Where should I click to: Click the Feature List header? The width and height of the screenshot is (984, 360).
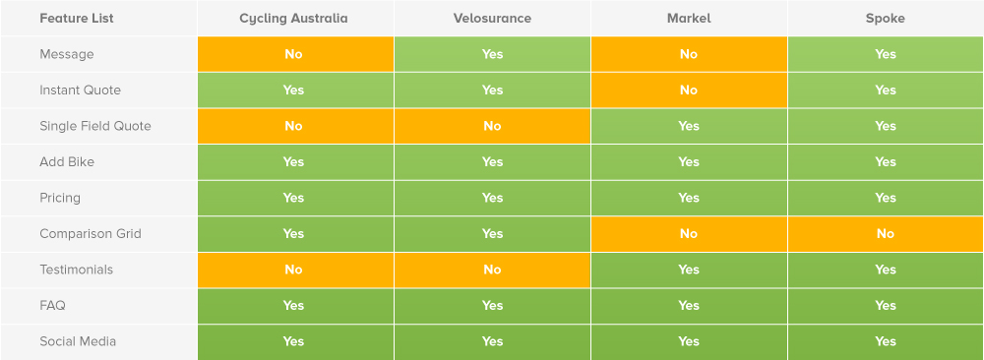[x=76, y=19]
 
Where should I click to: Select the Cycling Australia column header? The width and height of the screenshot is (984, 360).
[x=293, y=19]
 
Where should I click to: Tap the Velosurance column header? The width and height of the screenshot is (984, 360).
[x=492, y=19]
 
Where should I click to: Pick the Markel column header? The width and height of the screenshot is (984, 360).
[x=688, y=19]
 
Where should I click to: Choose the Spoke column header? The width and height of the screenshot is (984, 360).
[x=886, y=19]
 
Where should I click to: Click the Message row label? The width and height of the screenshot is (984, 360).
[x=66, y=54]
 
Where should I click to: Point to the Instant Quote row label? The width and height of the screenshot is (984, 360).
[x=80, y=90]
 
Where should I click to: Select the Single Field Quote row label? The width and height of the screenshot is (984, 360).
[x=94, y=126]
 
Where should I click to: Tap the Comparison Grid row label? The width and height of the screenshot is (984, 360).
[x=90, y=234]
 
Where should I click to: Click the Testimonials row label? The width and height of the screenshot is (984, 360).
[x=76, y=270]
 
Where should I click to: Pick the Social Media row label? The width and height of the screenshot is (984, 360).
[x=77, y=341]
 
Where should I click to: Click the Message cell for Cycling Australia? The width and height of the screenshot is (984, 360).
[x=294, y=54]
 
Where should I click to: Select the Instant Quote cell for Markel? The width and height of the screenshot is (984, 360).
[x=688, y=90]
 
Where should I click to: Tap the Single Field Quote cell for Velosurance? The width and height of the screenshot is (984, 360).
[x=492, y=126]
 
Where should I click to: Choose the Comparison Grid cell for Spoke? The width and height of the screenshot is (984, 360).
[x=886, y=234]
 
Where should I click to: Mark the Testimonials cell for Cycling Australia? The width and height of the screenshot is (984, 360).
[x=294, y=270]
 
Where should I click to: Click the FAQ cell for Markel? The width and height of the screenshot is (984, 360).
[x=688, y=306]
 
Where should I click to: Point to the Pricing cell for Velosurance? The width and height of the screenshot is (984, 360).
[x=492, y=198]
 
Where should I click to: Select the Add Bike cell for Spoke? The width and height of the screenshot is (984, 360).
[x=886, y=162]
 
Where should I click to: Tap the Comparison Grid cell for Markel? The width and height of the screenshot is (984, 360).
[x=688, y=234]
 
